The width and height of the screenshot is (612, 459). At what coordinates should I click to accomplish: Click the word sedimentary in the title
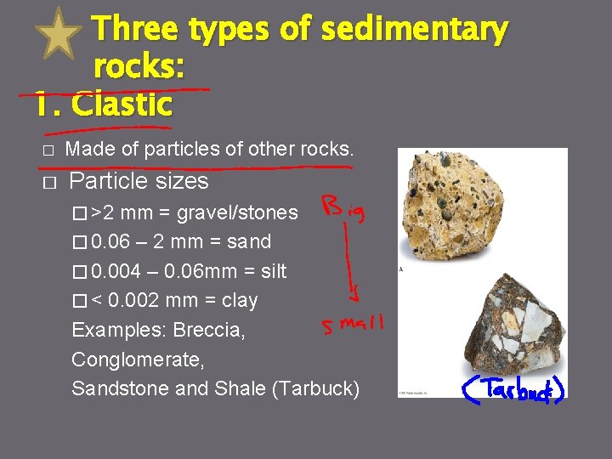click(414, 30)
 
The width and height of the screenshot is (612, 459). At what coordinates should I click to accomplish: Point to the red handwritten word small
click(352, 325)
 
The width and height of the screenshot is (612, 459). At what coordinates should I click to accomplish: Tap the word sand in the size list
click(247, 242)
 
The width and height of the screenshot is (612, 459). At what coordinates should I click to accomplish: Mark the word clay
click(241, 301)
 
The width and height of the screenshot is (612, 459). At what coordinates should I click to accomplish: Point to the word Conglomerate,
click(138, 360)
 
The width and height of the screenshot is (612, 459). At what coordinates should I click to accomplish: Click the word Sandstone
click(123, 389)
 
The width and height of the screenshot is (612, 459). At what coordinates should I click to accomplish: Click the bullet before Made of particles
click(48, 151)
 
